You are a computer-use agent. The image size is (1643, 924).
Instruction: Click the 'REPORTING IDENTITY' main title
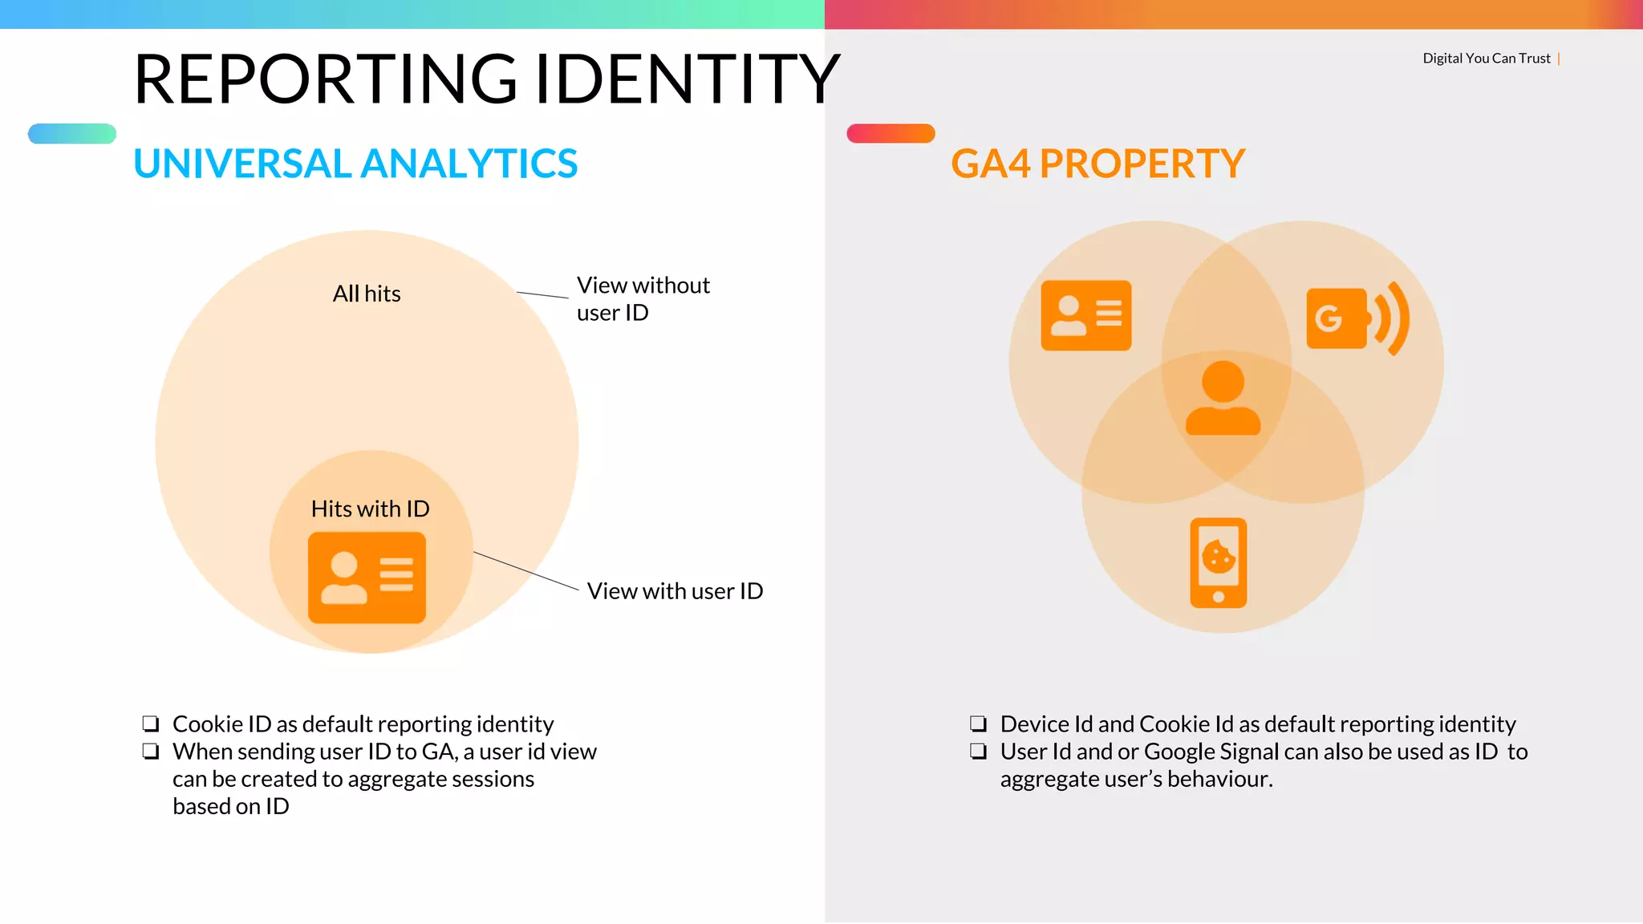pyautogui.click(x=486, y=79)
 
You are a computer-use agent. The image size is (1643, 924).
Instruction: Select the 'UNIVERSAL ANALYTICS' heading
pyautogui.click(x=355, y=164)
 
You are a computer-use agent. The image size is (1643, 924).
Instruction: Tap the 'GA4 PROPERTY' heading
pyautogui.click(x=1097, y=164)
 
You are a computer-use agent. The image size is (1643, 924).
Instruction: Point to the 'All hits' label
pyautogui.click(x=367, y=294)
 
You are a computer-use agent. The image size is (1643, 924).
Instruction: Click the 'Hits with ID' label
pyautogui.click(x=370, y=509)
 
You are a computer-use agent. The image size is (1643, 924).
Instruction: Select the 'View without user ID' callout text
pyautogui.click(x=643, y=298)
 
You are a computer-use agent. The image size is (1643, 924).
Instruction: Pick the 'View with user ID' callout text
pyautogui.click(x=675, y=591)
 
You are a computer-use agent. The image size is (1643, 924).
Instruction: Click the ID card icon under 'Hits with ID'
pyautogui.click(x=367, y=577)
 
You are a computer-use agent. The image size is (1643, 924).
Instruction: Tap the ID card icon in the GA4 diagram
pyautogui.click(x=1085, y=315)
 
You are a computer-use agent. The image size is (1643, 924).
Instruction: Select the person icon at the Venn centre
pyautogui.click(x=1223, y=398)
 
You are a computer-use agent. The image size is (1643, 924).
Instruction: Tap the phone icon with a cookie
pyautogui.click(x=1218, y=562)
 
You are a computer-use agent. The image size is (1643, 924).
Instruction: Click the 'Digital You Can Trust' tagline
pyautogui.click(x=1486, y=59)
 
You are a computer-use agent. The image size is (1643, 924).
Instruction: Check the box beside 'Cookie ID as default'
pyautogui.click(x=151, y=723)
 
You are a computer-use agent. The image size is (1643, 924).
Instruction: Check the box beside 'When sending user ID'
pyautogui.click(x=151, y=752)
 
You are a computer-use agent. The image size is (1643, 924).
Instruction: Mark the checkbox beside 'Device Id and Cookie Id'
pyautogui.click(x=978, y=723)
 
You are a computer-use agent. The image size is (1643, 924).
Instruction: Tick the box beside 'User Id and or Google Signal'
pyautogui.click(x=978, y=752)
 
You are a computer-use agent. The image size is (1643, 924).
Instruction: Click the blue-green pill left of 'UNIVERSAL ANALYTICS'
pyautogui.click(x=72, y=133)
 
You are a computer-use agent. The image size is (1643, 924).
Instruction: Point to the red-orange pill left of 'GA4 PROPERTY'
pyautogui.click(x=890, y=133)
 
